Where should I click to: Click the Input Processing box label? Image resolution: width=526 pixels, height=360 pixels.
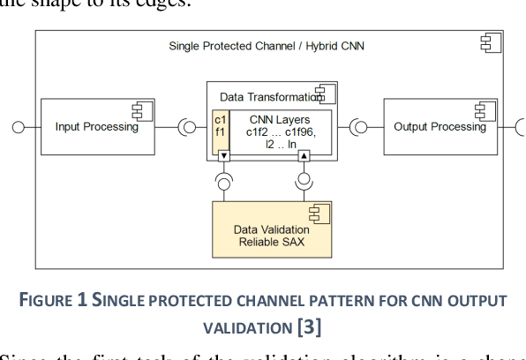(x=97, y=127)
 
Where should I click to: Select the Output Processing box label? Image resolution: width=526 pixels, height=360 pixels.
(x=440, y=127)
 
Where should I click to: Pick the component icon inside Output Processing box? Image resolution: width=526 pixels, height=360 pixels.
(x=483, y=109)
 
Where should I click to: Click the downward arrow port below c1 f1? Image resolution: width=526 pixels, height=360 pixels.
(x=224, y=156)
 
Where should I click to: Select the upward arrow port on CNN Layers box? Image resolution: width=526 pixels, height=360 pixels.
(x=304, y=156)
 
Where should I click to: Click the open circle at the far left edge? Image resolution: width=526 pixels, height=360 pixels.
(x=18, y=127)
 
